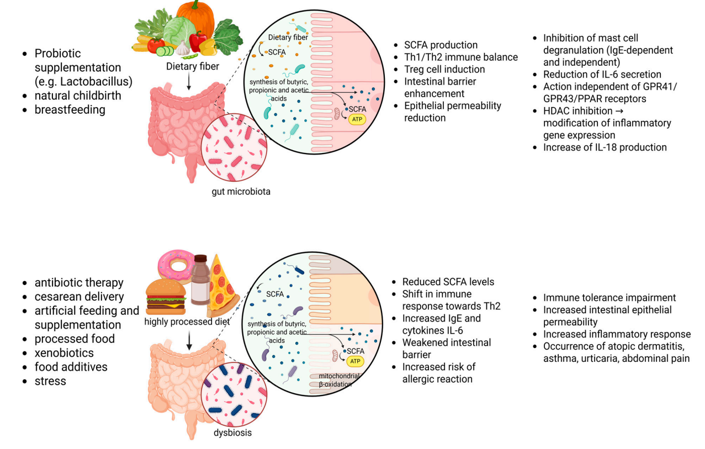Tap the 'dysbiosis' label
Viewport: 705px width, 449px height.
232,432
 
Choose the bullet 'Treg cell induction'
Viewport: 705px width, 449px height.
444,70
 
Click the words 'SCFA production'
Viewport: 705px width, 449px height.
441,45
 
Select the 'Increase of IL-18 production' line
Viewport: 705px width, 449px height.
605,147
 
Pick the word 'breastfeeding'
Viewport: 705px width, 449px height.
70,109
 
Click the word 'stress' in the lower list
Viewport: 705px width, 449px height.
50,381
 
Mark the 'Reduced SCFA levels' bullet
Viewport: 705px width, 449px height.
448,282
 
